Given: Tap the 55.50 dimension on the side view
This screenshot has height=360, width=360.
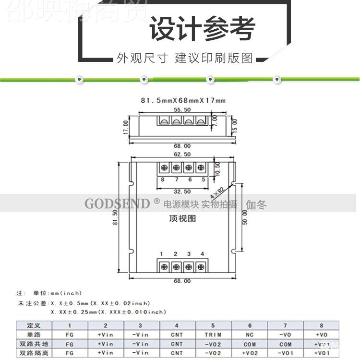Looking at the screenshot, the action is pyautogui.click(x=182, y=110).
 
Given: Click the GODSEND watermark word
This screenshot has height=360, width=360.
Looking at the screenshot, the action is pyautogui.click(x=117, y=204).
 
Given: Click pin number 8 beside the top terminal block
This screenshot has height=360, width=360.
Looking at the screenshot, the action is pyautogui.click(x=163, y=180).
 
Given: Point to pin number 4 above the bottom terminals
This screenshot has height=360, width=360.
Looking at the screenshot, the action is pyautogui.click(x=202, y=254).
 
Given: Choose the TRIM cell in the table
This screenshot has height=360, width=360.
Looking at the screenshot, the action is pyautogui.click(x=213, y=335).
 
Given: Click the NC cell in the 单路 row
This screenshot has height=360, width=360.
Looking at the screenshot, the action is pyautogui.click(x=250, y=335).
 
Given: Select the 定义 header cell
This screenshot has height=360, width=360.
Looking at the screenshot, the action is pyautogui.click(x=34, y=325).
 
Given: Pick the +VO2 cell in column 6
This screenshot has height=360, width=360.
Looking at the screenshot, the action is pyautogui.click(x=250, y=353).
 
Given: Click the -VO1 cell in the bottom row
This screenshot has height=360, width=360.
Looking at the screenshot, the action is pyautogui.click(x=285, y=353).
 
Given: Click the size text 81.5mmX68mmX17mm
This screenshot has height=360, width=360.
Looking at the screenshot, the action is pyautogui.click(x=182, y=100).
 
